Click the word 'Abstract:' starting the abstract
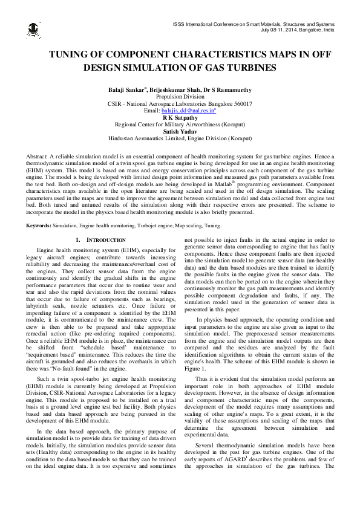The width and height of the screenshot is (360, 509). pos(39,156)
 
